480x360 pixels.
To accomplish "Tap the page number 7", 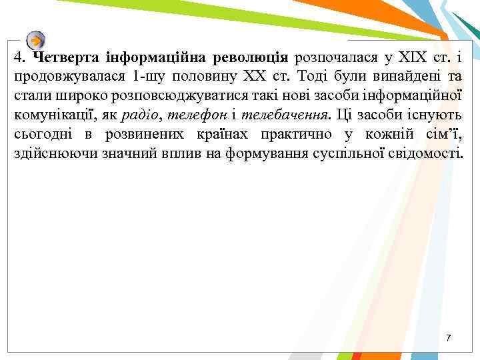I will [449, 339].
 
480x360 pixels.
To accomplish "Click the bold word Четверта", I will [63, 57].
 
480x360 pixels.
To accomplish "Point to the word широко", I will [67, 96].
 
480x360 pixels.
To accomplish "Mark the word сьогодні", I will [44, 135].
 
